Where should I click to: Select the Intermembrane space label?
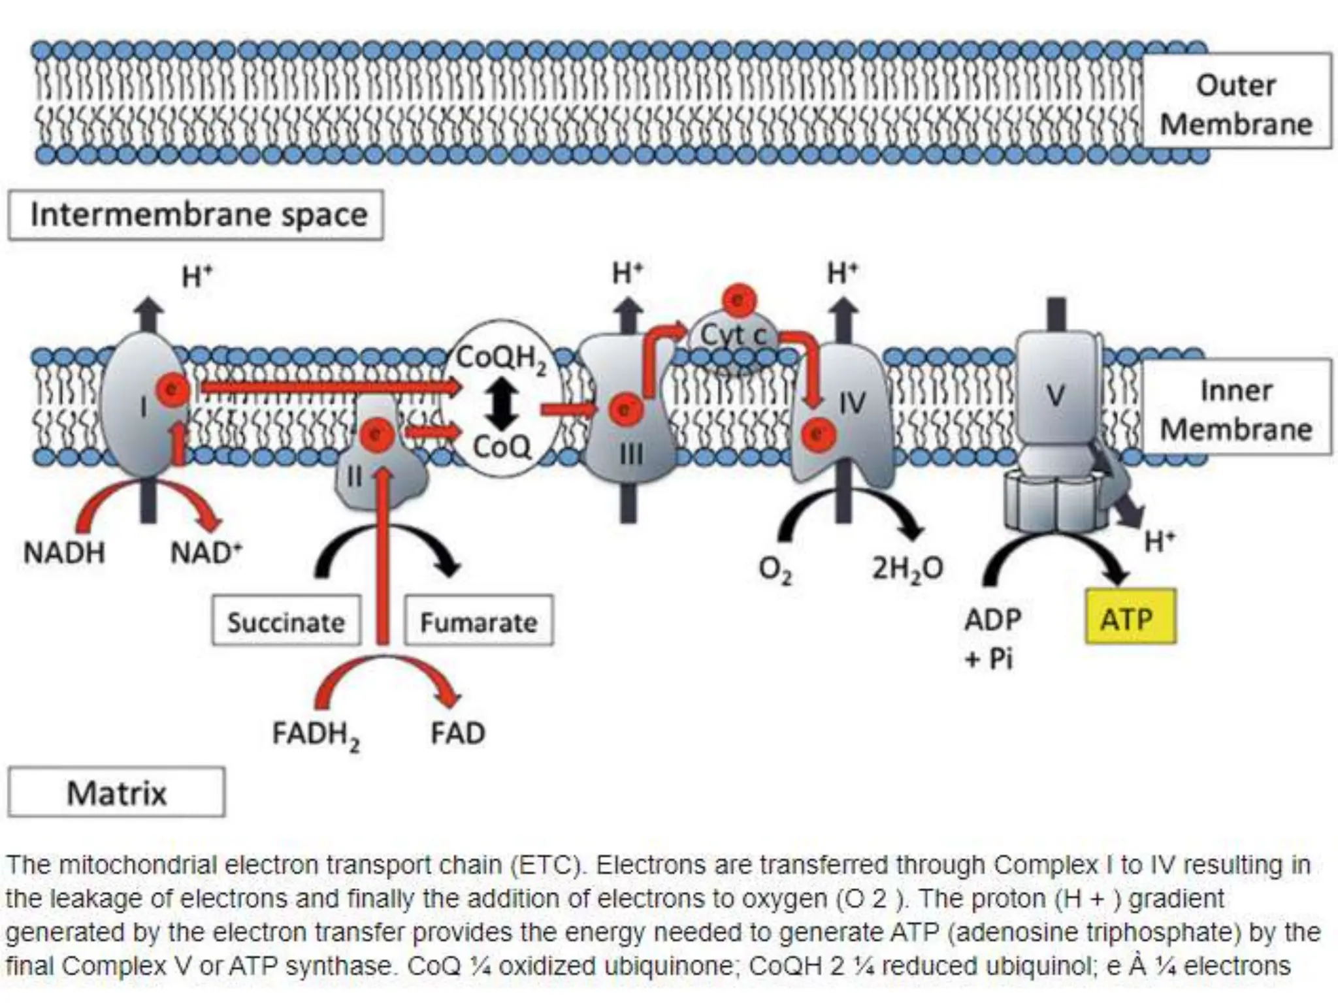point(196,215)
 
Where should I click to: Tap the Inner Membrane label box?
point(1235,409)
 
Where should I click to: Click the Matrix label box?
point(116,793)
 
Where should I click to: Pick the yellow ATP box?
point(1129,618)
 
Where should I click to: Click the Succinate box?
point(286,622)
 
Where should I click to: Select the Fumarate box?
point(478,622)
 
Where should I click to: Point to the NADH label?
point(63,553)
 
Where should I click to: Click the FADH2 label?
point(316,735)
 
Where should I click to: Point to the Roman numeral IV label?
point(851,404)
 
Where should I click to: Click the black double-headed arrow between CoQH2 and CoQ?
point(501,402)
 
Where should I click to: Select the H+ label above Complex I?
point(197,277)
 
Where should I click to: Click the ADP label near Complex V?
point(992,619)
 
